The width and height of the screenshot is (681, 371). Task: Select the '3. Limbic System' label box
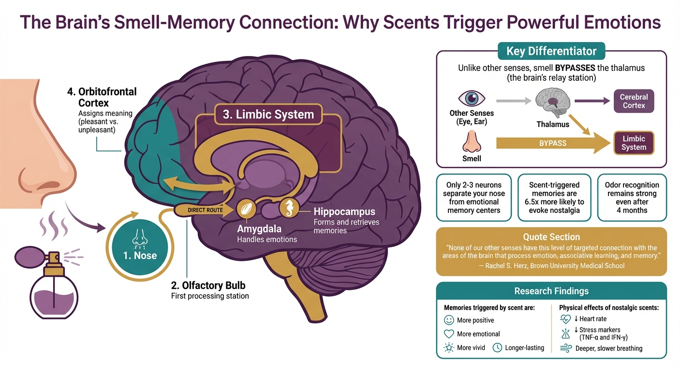pyautogui.click(x=268, y=115)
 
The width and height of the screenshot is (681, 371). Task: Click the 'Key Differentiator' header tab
pyautogui.click(x=551, y=51)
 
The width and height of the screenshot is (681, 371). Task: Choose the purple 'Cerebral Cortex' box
pyautogui.click(x=634, y=101)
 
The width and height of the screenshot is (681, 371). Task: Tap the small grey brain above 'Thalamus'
pyautogui.click(x=552, y=103)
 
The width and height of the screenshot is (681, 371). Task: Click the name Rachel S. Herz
pyautogui.click(x=510, y=266)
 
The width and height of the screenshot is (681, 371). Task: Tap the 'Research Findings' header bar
pyautogui.click(x=551, y=291)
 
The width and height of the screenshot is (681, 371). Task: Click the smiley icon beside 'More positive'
pyautogui.click(x=449, y=320)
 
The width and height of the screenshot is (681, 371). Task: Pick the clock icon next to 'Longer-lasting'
pyautogui.click(x=497, y=347)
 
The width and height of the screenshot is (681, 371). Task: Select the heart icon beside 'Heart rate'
pyautogui.click(x=565, y=319)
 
